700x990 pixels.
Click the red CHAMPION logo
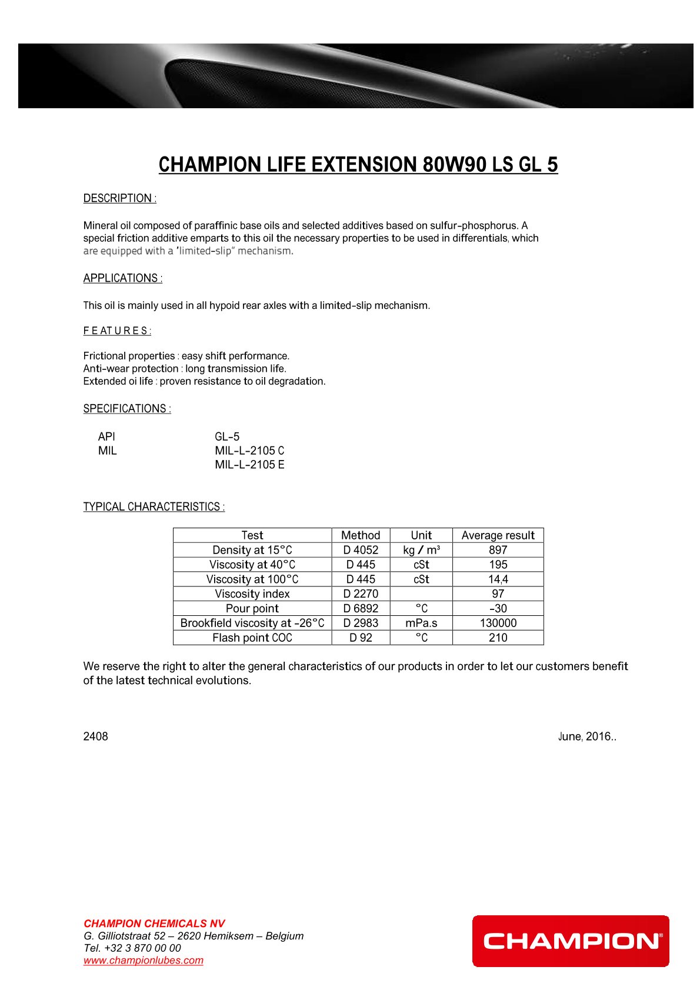570,941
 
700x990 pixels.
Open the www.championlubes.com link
143,960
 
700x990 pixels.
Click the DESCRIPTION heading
119,198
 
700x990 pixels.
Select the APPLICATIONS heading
122,278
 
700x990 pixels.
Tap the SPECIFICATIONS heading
127,409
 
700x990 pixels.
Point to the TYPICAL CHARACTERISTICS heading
154,507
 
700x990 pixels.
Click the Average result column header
498,535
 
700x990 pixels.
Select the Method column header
361,535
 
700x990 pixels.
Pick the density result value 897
498,550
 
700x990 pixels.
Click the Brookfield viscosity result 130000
498,623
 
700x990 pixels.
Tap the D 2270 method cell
361,594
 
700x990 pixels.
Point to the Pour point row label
252,608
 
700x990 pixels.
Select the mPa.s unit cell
421,623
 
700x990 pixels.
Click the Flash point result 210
498,638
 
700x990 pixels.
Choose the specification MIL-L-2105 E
249,465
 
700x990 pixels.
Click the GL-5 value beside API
227,436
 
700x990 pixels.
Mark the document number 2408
95,736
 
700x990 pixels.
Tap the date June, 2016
586,736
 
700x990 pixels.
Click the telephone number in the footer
132,948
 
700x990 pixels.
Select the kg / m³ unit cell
421,550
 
